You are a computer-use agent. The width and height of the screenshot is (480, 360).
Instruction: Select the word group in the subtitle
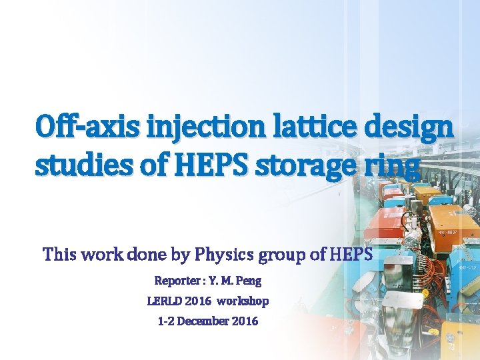[279, 255]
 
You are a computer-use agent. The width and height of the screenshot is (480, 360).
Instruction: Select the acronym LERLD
[163, 301]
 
